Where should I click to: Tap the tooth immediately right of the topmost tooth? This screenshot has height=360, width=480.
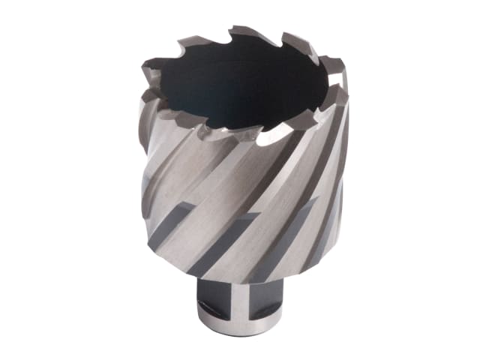289,41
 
